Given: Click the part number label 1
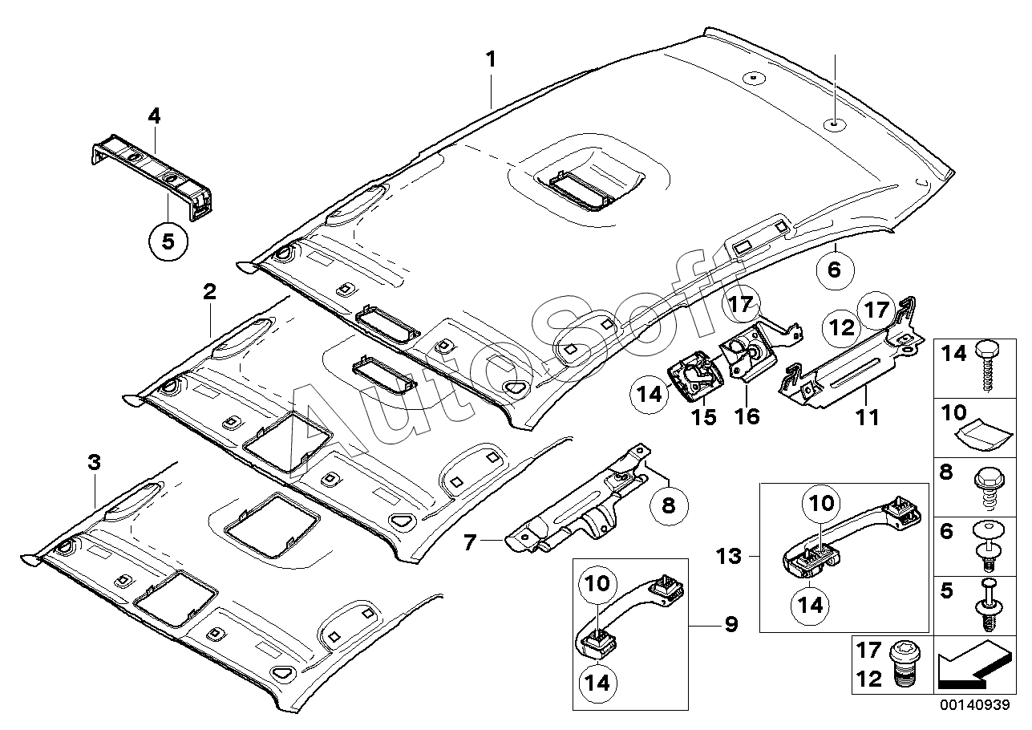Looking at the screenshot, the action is coord(491,59).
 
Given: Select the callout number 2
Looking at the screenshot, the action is coord(209,291).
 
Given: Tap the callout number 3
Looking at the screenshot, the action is coord(94,462).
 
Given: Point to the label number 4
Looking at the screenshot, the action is coord(154,116).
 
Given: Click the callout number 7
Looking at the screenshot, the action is coord(469,542).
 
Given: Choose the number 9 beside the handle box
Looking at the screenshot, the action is coord(731,624).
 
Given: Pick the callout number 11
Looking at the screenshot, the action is coord(868,417).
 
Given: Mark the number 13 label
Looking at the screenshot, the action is coord(729,556).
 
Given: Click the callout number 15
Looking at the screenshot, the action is coord(704,417).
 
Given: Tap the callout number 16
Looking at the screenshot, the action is coord(747,417).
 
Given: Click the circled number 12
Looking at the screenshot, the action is coord(842,327).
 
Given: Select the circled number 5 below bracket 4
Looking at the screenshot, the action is coord(168,241).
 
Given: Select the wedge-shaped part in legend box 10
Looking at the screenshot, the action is coord(985,437).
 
